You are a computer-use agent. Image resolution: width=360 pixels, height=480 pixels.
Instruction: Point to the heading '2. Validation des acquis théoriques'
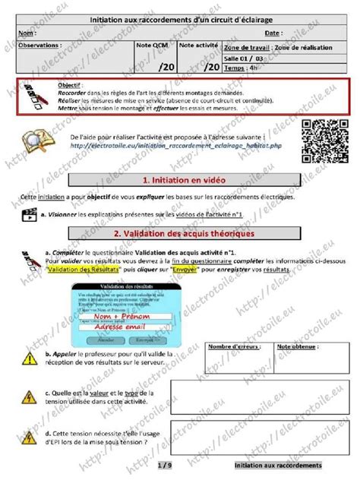182,233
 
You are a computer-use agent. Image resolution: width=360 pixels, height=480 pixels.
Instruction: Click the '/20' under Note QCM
166,68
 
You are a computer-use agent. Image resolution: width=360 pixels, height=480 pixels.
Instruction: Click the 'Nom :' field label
27,34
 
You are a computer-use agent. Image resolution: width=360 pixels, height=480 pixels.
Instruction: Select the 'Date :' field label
273,34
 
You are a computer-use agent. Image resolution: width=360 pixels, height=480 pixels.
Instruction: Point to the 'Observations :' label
40,46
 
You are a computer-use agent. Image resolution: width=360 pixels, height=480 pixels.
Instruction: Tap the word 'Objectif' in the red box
71,87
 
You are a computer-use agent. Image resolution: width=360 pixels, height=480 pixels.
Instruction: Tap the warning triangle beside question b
29,357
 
